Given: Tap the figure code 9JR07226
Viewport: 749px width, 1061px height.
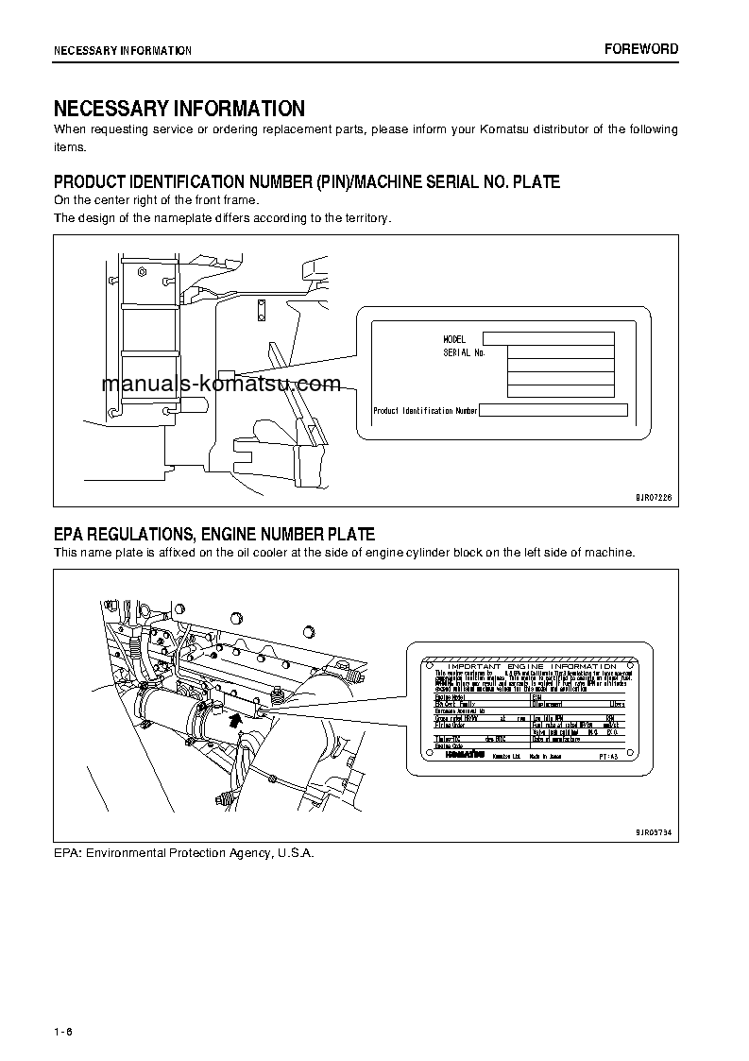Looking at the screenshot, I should coord(653,496).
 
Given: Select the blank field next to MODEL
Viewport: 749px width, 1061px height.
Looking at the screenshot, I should coord(548,338).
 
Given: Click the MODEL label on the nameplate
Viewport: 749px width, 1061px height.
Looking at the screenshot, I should coord(454,339).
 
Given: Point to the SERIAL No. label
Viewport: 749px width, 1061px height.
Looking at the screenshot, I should coord(464,352).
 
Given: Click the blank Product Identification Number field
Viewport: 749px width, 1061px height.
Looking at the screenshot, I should coord(553,410).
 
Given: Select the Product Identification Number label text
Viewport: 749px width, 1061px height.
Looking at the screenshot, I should coord(425,411).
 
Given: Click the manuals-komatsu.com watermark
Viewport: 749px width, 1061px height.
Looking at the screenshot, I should coord(220,385).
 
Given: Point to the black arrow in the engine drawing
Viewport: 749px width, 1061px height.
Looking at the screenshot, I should coord(235,721).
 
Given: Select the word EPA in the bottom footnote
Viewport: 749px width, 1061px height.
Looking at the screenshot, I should coord(67,852).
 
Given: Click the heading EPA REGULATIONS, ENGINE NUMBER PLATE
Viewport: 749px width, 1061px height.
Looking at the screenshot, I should coord(214,534).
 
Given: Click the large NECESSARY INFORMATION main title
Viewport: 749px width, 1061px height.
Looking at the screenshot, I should coord(179,109).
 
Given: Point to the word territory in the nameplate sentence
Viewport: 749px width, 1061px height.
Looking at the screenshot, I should coord(365,217).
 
